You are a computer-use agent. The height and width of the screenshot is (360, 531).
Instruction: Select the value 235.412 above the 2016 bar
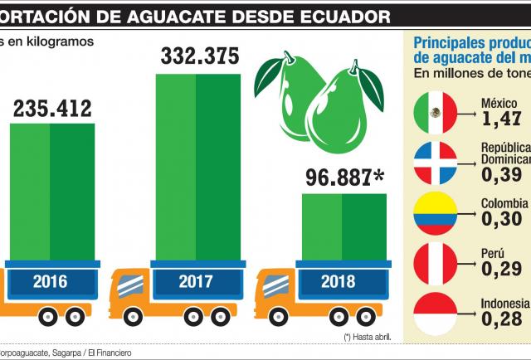click(x=51, y=107)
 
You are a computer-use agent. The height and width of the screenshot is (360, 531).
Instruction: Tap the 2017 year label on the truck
click(x=196, y=282)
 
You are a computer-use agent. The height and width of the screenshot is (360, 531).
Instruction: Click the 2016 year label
click(x=51, y=282)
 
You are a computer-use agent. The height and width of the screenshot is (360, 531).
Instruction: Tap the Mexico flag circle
click(x=435, y=111)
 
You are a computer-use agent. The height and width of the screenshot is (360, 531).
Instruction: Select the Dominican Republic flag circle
click(x=435, y=163)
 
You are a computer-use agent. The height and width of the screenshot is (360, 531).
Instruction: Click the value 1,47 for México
click(x=502, y=119)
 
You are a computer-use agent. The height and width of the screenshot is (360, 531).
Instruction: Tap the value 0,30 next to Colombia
click(x=501, y=218)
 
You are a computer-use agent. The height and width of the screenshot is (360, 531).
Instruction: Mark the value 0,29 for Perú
click(x=501, y=269)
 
